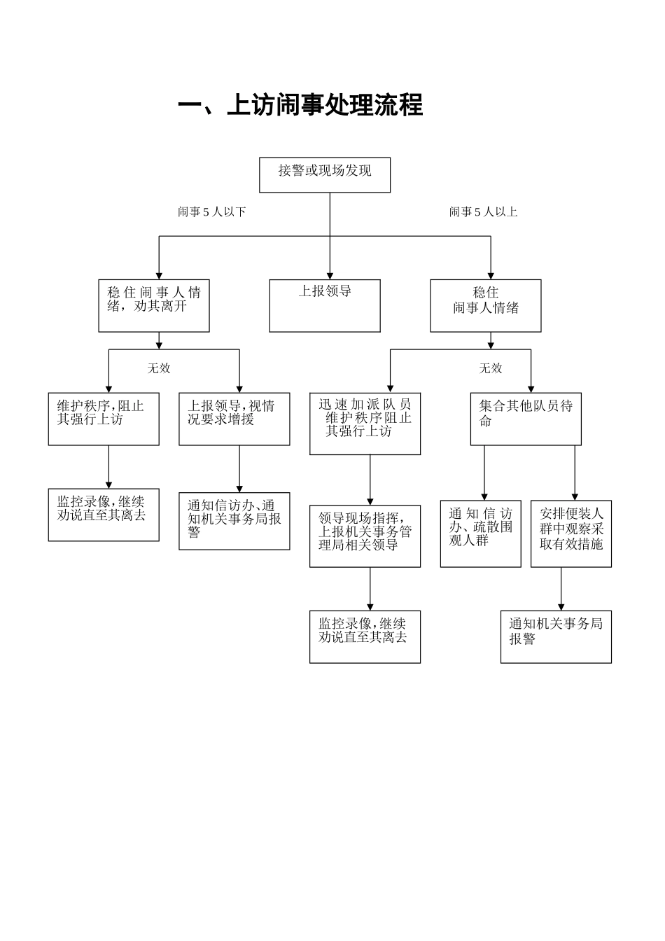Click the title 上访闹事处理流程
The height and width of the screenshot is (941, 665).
(x=300, y=106)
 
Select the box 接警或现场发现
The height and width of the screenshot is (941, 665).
(x=325, y=174)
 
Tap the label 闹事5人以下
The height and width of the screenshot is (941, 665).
(x=211, y=211)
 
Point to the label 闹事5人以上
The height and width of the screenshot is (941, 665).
(x=483, y=211)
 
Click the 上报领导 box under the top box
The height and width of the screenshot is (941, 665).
(x=325, y=305)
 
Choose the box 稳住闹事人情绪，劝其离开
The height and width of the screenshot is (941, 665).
(x=154, y=305)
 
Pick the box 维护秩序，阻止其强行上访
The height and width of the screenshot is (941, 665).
(x=104, y=419)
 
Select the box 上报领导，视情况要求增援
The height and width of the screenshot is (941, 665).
(x=234, y=419)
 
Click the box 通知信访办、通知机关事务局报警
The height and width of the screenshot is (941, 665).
(x=234, y=521)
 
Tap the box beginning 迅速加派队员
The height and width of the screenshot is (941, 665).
(x=365, y=424)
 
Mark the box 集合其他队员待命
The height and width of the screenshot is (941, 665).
(x=525, y=419)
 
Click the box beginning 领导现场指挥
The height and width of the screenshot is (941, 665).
(x=365, y=536)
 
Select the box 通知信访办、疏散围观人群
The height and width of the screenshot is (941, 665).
(x=480, y=533)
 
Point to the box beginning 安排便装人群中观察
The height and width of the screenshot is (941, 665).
(x=570, y=533)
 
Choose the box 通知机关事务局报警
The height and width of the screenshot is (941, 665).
(x=556, y=636)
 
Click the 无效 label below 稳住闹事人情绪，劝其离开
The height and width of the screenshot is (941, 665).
(x=159, y=368)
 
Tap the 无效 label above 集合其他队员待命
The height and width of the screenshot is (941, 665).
(x=491, y=368)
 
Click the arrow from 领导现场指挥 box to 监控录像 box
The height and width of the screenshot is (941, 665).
(x=370, y=588)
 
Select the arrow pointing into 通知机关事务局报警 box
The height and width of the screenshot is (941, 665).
(x=561, y=588)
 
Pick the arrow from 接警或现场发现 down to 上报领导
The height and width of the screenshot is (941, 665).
(x=330, y=238)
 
